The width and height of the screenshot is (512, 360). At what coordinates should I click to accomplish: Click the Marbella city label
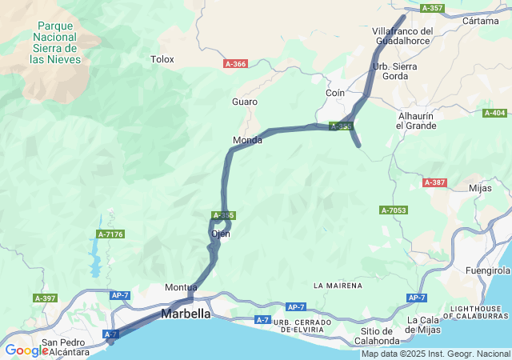pyautogui.click(x=186, y=314)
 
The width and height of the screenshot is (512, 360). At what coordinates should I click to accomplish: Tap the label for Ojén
pyautogui.click(x=221, y=234)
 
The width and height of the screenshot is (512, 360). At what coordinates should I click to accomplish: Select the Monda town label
pyautogui.click(x=247, y=140)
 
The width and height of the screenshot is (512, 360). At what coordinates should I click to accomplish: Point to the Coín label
pyautogui.click(x=335, y=94)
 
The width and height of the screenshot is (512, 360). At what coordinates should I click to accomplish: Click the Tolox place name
pyautogui.click(x=162, y=58)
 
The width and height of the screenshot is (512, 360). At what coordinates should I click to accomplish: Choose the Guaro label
pyautogui.click(x=244, y=102)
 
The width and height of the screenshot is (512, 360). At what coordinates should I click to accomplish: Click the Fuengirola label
pyautogui.click(x=489, y=271)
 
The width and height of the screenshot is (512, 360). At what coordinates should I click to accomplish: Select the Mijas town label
pyautogui.click(x=479, y=188)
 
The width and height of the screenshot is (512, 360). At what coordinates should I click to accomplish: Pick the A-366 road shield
pyautogui.click(x=235, y=64)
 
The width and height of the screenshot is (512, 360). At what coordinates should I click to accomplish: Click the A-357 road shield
pyautogui.click(x=431, y=8)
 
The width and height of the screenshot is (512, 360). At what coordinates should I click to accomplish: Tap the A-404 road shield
pyautogui.click(x=494, y=113)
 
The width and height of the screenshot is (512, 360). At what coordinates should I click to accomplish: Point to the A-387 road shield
pyautogui.click(x=434, y=182)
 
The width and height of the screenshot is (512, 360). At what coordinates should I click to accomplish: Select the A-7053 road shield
pyautogui.click(x=394, y=210)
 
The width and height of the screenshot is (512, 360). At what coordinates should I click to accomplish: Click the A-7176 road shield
pyautogui.click(x=110, y=234)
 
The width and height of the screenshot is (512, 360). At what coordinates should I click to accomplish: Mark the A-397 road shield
pyautogui.click(x=45, y=298)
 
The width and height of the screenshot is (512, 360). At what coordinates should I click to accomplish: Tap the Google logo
pyautogui.click(x=26, y=350)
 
